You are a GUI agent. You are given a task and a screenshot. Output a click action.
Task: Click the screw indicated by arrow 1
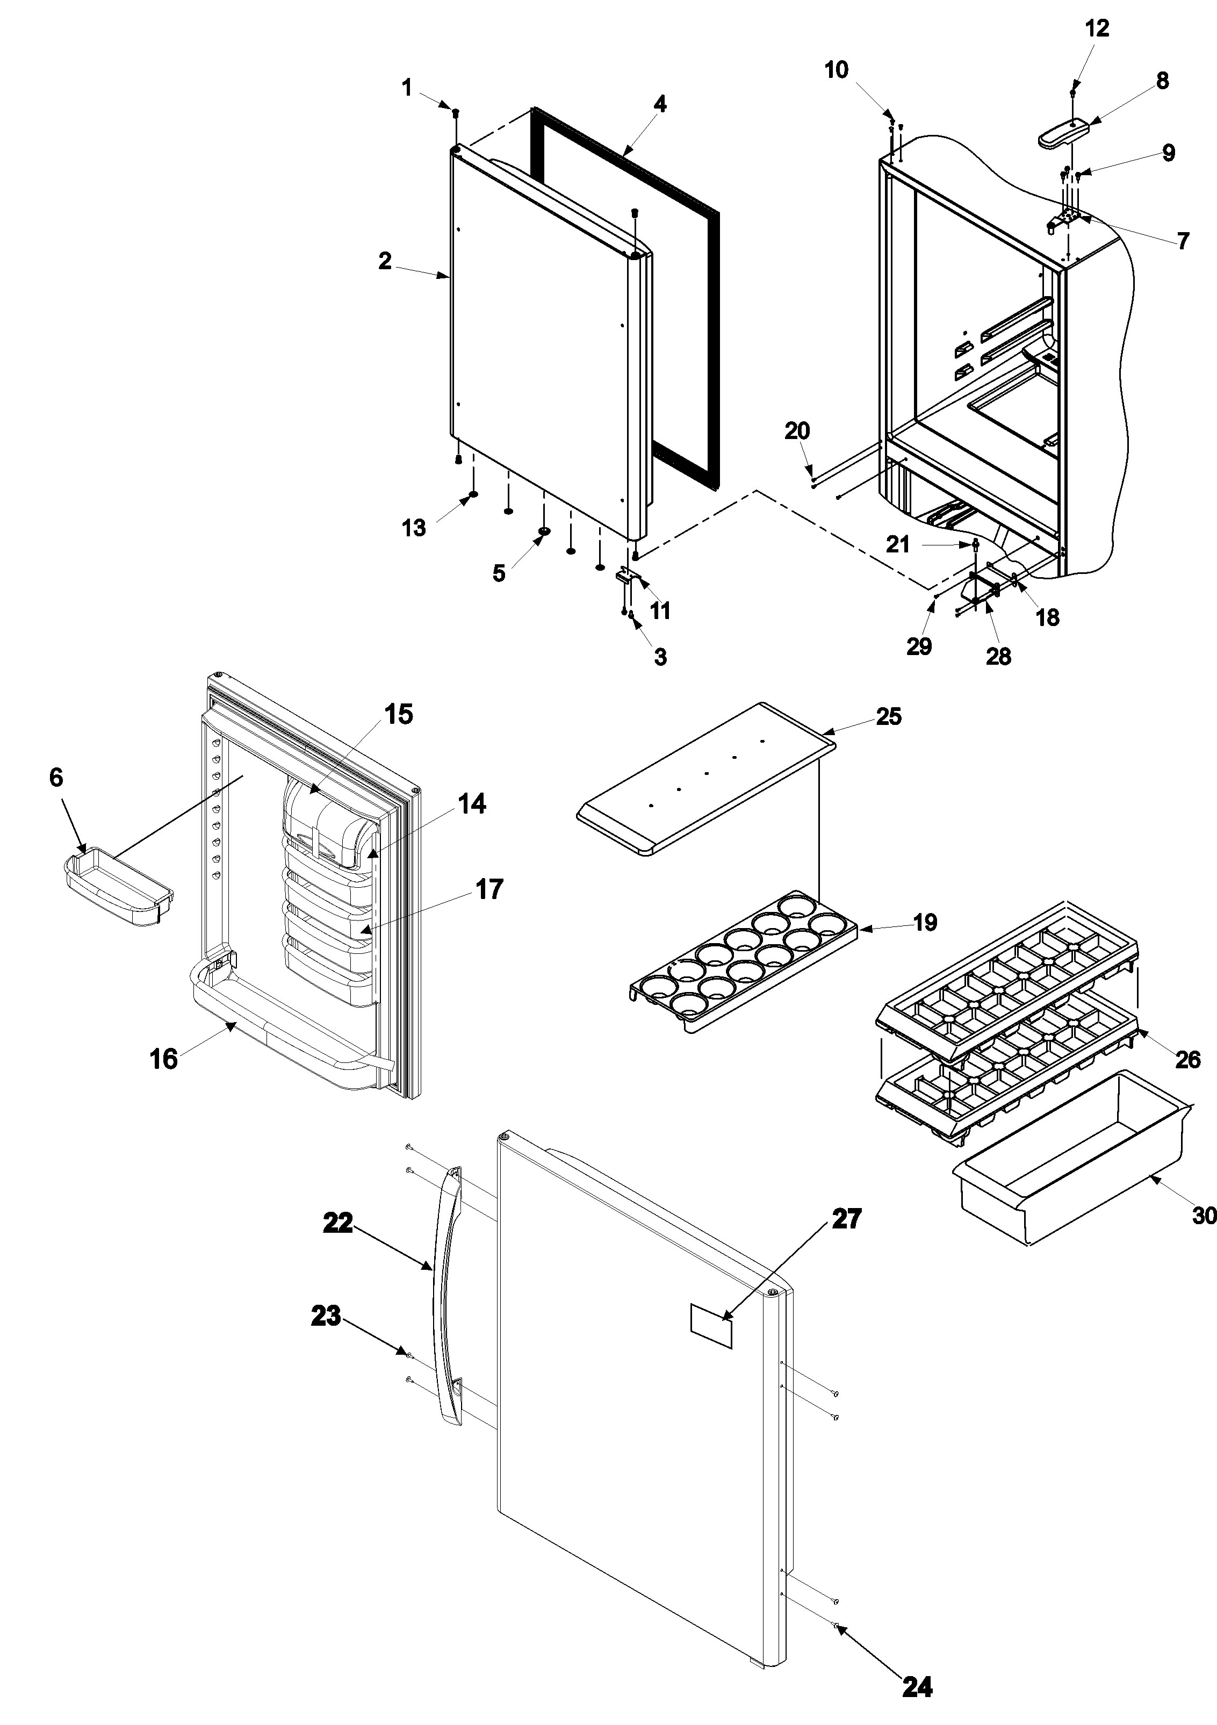pos(455,113)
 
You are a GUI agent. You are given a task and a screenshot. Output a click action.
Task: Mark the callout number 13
pos(414,528)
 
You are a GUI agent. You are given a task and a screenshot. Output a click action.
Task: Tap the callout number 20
pos(797,431)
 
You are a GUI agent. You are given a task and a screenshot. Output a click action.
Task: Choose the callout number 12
pos(1097,28)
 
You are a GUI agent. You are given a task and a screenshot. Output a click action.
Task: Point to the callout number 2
pos(385,262)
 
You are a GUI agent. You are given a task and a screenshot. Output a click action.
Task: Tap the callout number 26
pos(1187,1059)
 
